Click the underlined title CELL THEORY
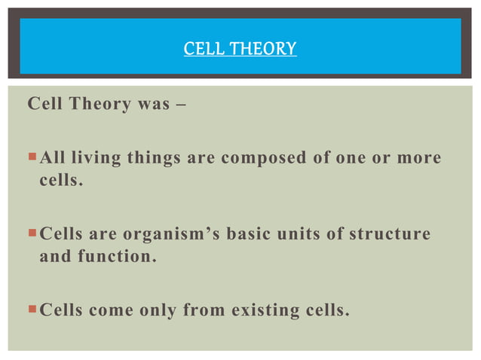240,50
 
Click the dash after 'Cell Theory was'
182,104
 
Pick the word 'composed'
255,159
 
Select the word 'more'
419,159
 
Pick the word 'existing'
266,310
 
